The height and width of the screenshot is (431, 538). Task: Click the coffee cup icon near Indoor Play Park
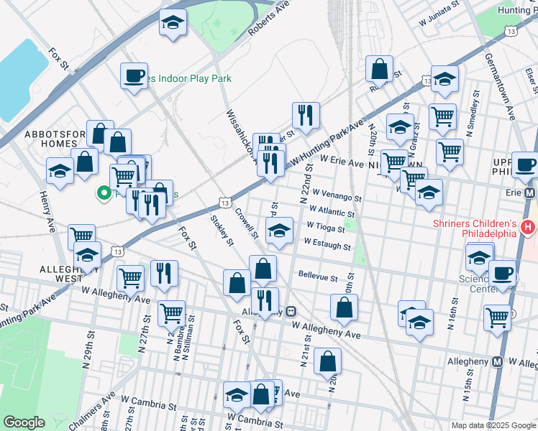tap(134, 75)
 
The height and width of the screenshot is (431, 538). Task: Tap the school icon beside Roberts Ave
tap(173, 22)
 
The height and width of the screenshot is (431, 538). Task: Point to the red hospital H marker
tap(529, 228)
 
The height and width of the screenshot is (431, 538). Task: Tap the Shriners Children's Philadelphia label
tap(475, 228)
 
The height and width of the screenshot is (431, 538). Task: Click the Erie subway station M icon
tap(531, 193)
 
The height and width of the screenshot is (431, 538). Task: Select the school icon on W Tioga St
tap(279, 231)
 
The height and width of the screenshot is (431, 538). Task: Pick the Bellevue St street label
tap(317, 277)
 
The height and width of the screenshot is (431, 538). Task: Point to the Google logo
tap(24, 422)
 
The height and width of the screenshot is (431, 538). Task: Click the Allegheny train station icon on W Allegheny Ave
tap(291, 311)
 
